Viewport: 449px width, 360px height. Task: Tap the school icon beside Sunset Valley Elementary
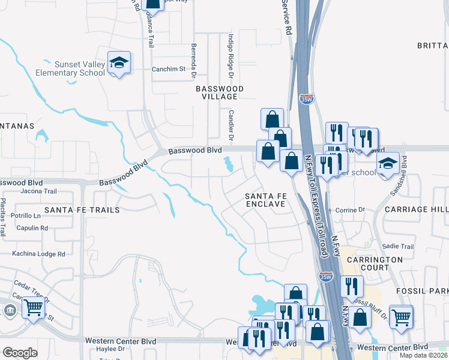(119, 62)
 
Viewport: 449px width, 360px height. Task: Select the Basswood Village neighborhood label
(220, 92)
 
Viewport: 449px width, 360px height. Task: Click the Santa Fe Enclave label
(265, 200)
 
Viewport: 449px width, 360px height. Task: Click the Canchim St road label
(169, 69)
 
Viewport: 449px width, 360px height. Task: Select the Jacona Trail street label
(38, 191)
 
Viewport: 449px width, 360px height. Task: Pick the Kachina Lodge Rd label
(38, 254)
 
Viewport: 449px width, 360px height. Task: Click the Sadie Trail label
(399, 246)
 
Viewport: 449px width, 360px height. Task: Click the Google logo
(20, 353)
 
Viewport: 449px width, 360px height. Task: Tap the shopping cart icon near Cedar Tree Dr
(33, 308)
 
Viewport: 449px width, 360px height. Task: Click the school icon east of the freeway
(388, 164)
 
